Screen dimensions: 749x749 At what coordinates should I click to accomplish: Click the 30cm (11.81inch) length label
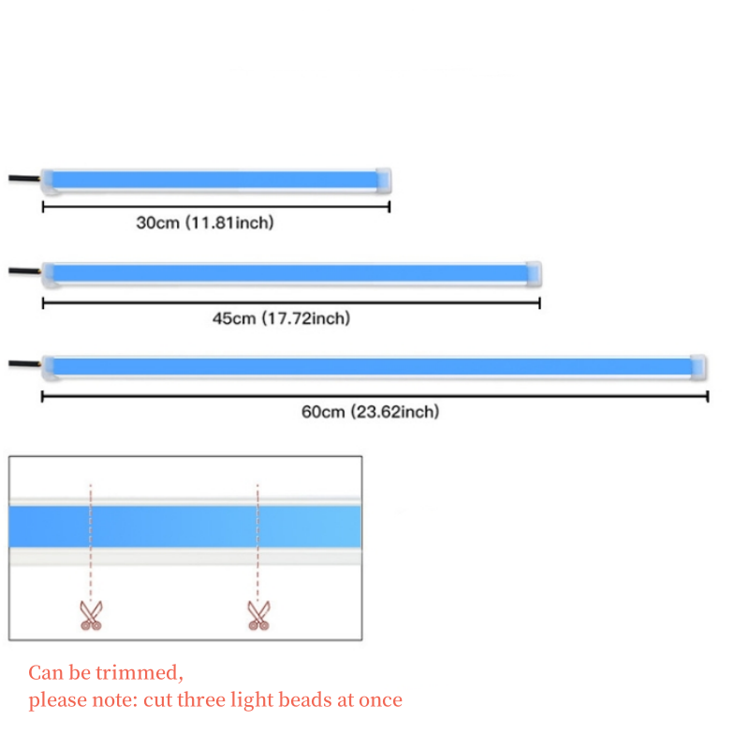click(204, 223)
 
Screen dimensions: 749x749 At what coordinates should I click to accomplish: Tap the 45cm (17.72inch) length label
click(281, 318)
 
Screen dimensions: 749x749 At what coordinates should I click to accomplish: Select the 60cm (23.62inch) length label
click(370, 412)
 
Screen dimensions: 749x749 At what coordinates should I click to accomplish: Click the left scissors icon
click(91, 614)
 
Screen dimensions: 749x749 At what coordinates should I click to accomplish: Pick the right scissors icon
click(257, 614)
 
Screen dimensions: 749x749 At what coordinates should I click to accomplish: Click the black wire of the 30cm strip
click(23, 179)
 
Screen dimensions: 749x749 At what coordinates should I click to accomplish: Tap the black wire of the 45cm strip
click(23, 272)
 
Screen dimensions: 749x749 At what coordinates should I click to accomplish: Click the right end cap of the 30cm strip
click(384, 179)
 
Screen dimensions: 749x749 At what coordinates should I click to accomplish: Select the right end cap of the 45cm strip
click(534, 272)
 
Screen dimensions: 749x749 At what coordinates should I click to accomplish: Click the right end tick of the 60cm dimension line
click(707, 397)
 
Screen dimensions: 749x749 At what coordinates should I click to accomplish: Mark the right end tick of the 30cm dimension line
click(389, 208)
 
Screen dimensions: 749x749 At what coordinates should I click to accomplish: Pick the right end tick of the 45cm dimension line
click(540, 302)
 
